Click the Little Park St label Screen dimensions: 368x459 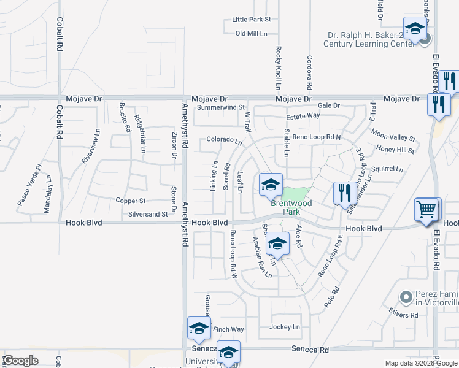click(x=252, y=20)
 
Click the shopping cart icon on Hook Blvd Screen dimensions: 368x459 click(x=427, y=210)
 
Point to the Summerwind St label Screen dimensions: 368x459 click(x=221, y=107)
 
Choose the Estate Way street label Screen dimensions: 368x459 click(x=303, y=115)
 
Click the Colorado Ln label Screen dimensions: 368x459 click(x=224, y=139)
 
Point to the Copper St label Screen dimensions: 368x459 click(x=130, y=201)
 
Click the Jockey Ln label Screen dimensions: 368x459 click(x=285, y=327)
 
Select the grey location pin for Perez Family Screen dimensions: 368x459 click(x=405, y=297)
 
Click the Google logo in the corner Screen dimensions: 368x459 click(x=20, y=361)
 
